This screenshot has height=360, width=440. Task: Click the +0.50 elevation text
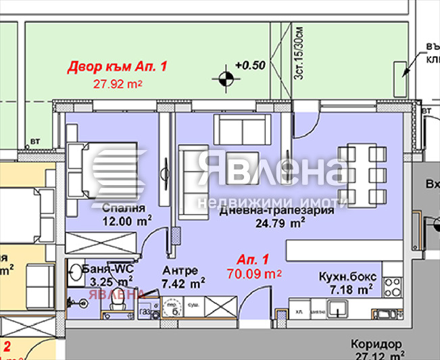tap(249, 66)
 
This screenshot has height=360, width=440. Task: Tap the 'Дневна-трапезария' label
tap(277, 210)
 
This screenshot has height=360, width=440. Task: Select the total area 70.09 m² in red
tap(254, 274)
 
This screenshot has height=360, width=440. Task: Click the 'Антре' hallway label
tap(178, 272)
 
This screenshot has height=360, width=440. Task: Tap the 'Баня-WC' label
tap(108, 269)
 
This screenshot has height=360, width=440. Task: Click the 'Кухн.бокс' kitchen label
tap(348, 277)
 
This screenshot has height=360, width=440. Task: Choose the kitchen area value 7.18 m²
tap(350, 290)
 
